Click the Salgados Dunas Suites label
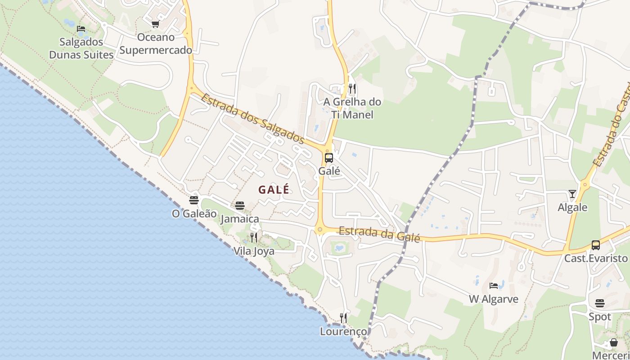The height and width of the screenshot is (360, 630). coord(81,49)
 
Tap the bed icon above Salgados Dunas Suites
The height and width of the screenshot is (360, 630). coord(81,29)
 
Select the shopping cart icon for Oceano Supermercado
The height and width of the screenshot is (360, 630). coord(156,24)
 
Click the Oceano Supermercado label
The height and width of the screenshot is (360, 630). coord(156,44)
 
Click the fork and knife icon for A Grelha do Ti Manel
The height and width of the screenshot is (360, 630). coord(352,88)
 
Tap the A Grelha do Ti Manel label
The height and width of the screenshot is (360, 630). coord(352,108)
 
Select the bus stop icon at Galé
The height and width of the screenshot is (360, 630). coord(329,158)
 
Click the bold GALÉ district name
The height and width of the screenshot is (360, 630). coord(274,190)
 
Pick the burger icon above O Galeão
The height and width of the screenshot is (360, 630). coord(194,200)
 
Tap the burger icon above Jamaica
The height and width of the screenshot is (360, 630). coord(240,206)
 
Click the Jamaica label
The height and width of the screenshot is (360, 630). coord(240,219)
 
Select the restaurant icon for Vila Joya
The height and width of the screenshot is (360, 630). coord(254,237)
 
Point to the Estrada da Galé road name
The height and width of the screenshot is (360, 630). coord(379,234)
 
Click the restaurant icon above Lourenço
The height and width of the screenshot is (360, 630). coord(343,318)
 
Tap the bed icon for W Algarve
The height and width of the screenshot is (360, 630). coord(494,285)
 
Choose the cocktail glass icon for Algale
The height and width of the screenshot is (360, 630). coord(572,194)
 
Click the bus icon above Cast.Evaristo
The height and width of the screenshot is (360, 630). coord(596,245)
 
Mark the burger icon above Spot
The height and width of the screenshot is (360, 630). coord(600,303)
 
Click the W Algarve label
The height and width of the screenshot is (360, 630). coord(494,299)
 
